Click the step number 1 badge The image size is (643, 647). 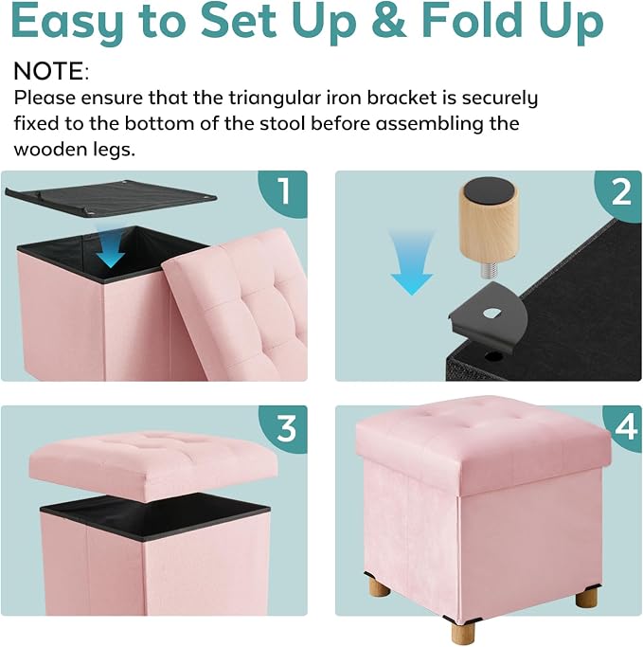(285, 192)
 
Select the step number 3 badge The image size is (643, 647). (285, 428)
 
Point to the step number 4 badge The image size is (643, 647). (624, 427)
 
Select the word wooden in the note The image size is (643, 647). (49, 149)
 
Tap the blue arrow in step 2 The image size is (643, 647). (412, 262)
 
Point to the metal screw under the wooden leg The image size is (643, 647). (489, 270)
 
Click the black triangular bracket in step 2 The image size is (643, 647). (488, 318)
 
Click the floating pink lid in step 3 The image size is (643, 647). (153, 466)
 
